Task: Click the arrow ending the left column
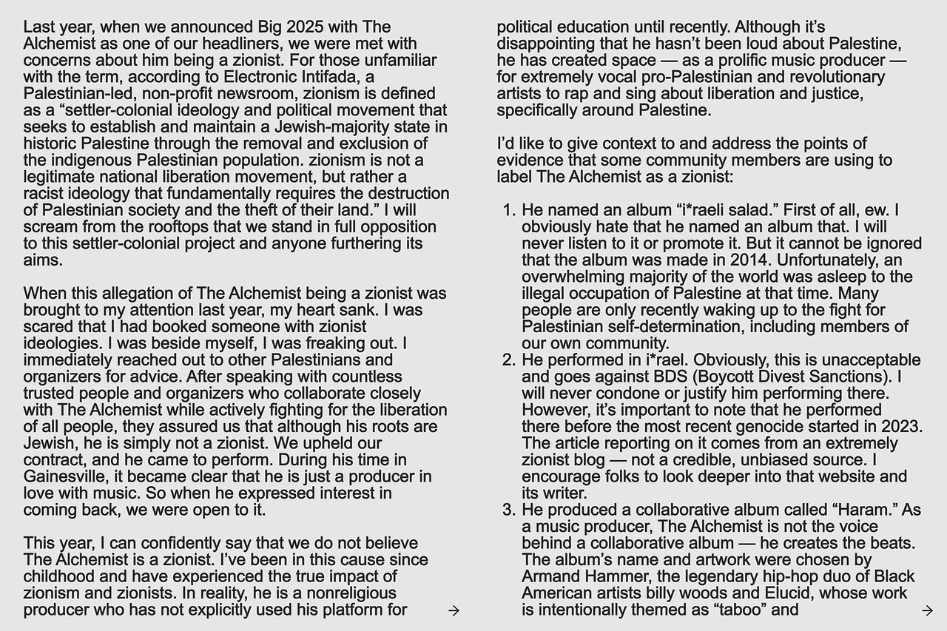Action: pos(454,610)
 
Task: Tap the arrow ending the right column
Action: pos(927,610)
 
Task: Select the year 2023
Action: pos(900,427)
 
